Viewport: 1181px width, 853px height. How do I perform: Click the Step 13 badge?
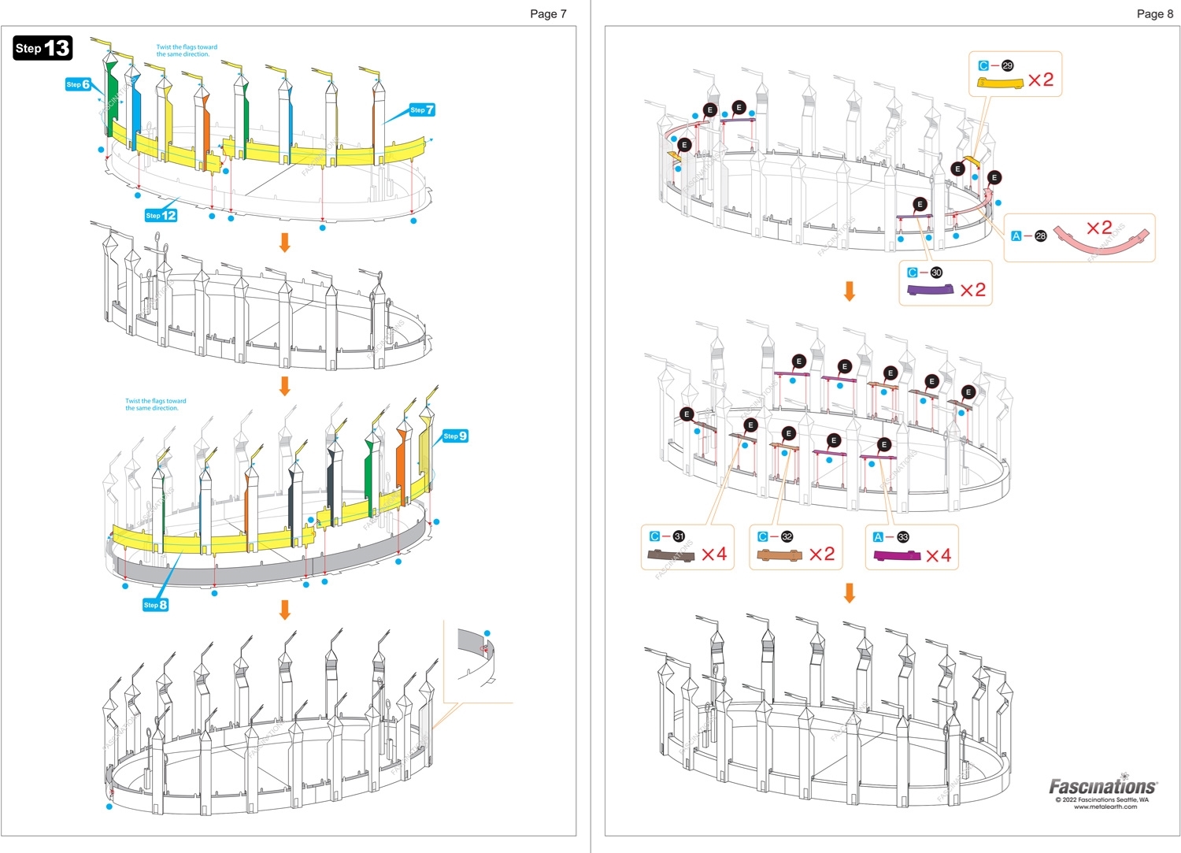click(x=43, y=48)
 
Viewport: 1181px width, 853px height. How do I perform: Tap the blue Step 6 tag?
click(x=78, y=84)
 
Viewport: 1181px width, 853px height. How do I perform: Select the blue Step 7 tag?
click(x=422, y=110)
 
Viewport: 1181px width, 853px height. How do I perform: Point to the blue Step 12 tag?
click(x=161, y=215)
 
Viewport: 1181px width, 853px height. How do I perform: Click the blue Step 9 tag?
click(x=455, y=436)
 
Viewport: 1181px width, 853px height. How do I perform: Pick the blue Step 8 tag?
click(x=155, y=605)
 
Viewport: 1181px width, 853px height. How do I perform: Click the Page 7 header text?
click(x=548, y=13)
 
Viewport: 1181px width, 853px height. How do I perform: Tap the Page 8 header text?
click(x=1154, y=13)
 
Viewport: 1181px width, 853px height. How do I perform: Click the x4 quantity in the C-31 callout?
click(x=713, y=554)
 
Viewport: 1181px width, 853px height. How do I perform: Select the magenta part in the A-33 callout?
click(x=897, y=556)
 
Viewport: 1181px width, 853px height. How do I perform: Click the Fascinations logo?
click(x=1102, y=786)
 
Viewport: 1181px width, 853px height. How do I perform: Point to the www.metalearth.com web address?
click(x=1105, y=807)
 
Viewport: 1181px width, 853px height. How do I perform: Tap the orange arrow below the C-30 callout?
click(x=850, y=291)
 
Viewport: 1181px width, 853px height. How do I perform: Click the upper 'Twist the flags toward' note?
click(x=187, y=50)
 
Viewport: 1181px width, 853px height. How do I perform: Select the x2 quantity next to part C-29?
click(x=1040, y=80)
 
